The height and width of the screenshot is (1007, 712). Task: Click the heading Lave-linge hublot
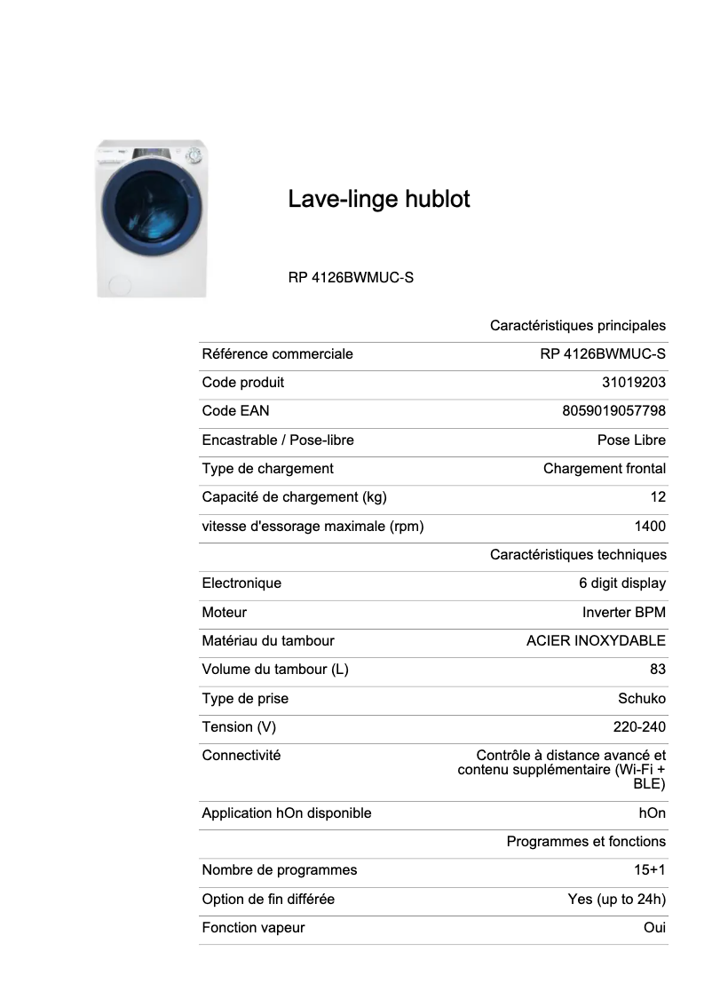pos(379,199)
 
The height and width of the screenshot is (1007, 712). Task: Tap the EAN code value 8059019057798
pos(613,411)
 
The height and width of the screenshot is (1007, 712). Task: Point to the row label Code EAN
pos(235,411)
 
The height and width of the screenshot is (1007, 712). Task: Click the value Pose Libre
pos(631,440)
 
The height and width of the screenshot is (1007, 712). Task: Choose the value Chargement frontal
pos(604,468)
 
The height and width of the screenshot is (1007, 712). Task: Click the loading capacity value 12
pos(657,497)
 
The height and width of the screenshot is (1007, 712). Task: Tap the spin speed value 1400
pos(650,526)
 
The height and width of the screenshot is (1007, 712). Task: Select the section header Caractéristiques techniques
pos(577,554)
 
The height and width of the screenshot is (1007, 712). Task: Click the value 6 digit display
pos(621,583)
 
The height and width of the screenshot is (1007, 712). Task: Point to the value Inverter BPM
pos(623,612)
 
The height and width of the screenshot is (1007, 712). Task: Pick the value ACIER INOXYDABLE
pos(596,640)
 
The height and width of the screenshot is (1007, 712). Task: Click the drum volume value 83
pos(657,670)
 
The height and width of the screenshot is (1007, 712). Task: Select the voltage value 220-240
pos(639,726)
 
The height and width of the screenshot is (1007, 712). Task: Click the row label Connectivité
pos(241,755)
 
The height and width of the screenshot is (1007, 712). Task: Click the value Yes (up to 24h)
pos(616,899)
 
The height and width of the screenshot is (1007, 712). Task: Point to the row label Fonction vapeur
pos(253,927)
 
